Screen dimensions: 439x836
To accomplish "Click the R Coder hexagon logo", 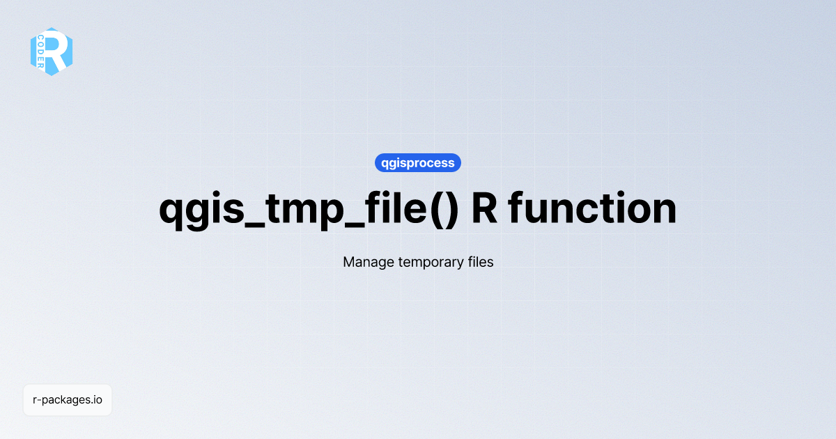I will point(52,52).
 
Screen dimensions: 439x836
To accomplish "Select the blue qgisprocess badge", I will point(418,163).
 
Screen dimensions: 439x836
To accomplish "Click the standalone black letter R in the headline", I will point(485,208).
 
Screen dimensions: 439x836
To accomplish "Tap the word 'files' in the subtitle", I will point(479,262).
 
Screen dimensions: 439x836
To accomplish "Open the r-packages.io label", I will point(68,400).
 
